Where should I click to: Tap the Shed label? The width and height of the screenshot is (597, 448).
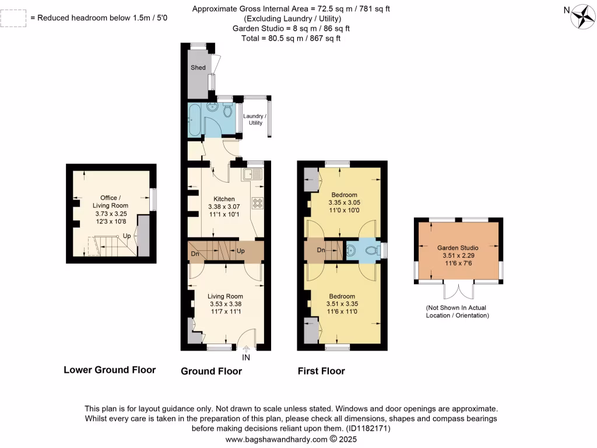coord(198,68)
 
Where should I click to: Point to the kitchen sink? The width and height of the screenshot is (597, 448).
coord(254,173)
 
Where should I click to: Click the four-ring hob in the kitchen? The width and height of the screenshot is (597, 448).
coord(257,202)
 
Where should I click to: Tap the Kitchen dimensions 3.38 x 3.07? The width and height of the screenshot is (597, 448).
coord(224,206)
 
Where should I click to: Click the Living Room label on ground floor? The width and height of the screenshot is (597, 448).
coord(226,296)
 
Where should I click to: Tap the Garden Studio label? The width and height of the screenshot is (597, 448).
coord(458,247)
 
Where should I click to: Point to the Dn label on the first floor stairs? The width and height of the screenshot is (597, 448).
coord(320,250)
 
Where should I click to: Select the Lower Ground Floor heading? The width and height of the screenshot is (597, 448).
coord(109,370)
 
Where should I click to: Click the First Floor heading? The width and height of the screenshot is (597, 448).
coord(321,371)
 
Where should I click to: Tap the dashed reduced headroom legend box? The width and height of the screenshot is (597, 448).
coord(14,18)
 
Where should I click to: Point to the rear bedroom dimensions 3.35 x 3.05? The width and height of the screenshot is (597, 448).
coord(344,202)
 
